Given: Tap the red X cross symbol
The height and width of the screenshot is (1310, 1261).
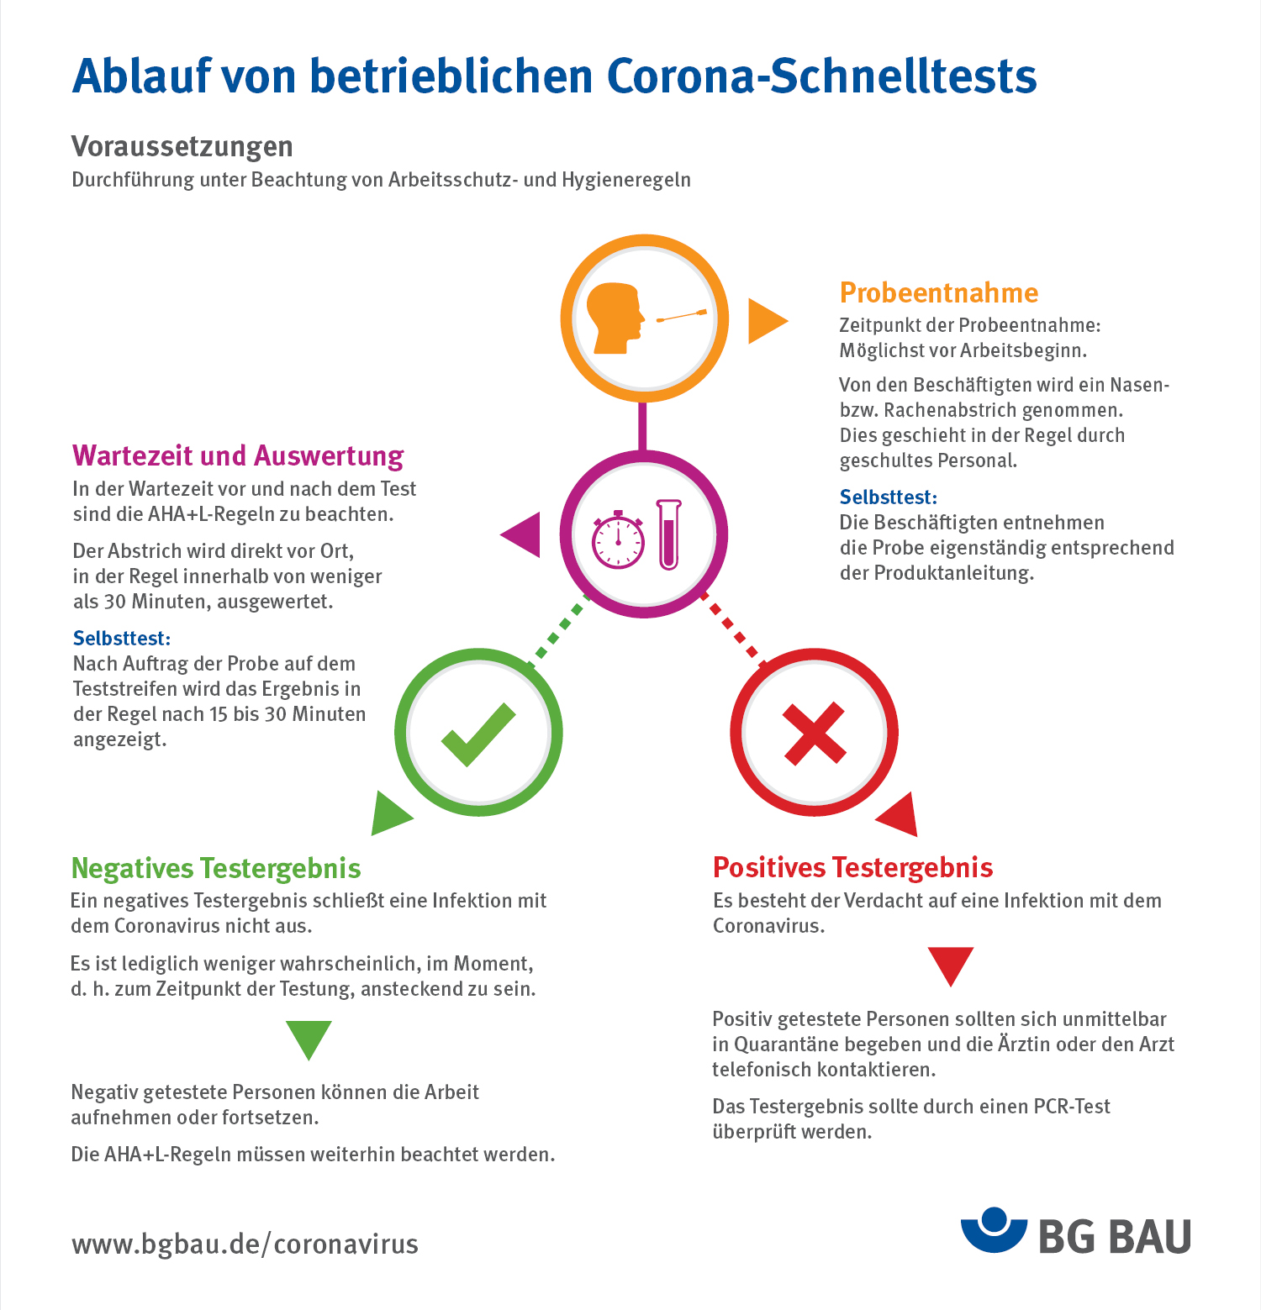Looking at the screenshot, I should (x=814, y=733).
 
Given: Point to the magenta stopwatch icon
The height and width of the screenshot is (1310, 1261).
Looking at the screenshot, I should (x=618, y=540).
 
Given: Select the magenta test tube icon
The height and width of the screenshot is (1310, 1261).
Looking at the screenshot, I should (x=669, y=535).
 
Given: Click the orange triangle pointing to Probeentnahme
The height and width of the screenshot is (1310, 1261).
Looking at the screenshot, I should (x=765, y=320).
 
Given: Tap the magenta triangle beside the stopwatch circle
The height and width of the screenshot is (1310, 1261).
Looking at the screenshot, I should (x=523, y=534).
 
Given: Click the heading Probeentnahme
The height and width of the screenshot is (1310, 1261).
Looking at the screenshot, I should (x=939, y=292).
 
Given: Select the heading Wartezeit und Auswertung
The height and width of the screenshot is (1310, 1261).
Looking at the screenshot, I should (x=238, y=455).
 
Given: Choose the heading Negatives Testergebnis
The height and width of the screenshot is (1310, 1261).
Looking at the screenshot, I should (x=216, y=868).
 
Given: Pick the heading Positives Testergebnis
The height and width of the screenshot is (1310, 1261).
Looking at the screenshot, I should (x=852, y=867).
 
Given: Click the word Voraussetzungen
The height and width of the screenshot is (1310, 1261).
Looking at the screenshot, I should (x=182, y=146).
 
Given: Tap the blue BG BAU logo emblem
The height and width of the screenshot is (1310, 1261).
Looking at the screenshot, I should (x=994, y=1230).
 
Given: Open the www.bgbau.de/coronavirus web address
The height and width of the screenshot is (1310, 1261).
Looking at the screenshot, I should (x=245, y=1244).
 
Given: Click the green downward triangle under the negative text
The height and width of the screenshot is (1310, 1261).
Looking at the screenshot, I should (x=309, y=1039).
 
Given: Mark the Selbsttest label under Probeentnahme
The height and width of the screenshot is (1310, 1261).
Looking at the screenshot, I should (x=889, y=497).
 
